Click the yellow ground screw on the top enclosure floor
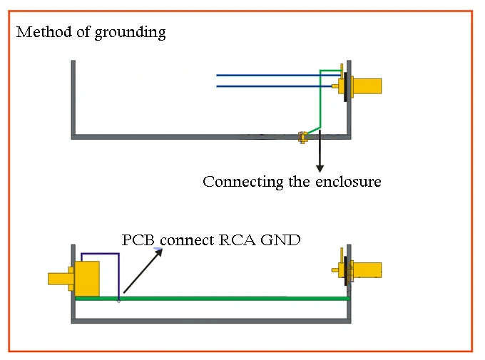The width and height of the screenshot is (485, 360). (x=302, y=135)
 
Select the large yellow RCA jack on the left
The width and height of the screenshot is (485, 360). (x=86, y=278)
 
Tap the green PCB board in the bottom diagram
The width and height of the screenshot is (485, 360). (x=214, y=298)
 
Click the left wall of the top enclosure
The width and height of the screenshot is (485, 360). (x=73, y=100)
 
